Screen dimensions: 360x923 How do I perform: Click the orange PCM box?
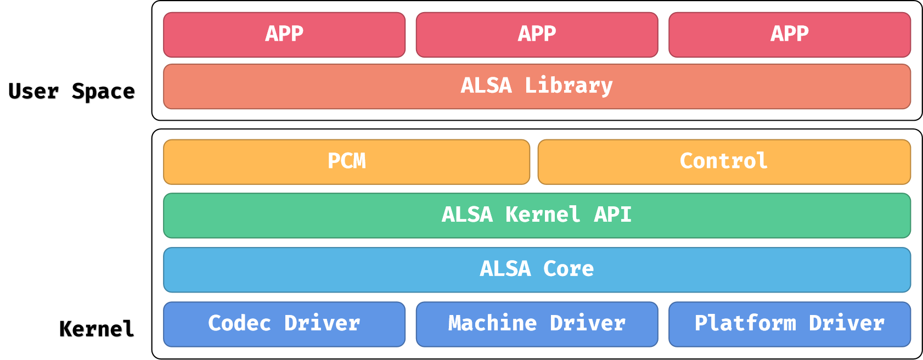pos(346,162)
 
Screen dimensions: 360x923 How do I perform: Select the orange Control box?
pos(724,162)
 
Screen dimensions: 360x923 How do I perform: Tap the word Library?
pos(569,86)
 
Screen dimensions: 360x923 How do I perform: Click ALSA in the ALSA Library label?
pos(486,86)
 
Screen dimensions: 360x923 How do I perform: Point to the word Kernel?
pos(543,215)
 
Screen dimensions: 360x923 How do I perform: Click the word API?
pos(613,215)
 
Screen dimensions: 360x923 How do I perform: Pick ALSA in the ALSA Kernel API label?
pos(467,215)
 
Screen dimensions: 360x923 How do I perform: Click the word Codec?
pos(239,324)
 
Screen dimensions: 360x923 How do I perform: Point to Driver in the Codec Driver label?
pos(322,324)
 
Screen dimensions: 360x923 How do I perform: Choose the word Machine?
pos(492,324)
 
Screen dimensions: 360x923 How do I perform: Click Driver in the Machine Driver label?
pos(588,324)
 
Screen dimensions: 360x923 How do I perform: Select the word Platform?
pos(745,324)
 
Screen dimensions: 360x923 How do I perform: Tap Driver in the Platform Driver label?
pos(847,324)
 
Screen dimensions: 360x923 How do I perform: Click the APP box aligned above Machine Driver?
pos(537,35)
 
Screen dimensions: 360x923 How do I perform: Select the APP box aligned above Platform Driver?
pos(789,35)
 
